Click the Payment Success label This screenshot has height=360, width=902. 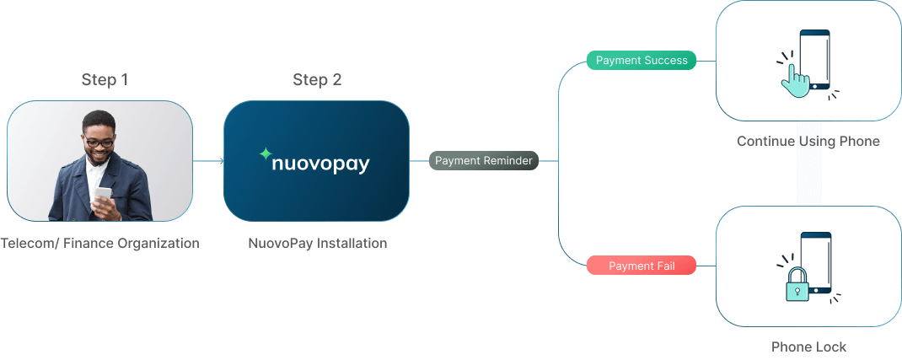pos(642,61)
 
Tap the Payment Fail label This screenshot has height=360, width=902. pos(642,266)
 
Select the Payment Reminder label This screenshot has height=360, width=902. pos(483,160)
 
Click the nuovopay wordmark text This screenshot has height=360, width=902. pos(321,163)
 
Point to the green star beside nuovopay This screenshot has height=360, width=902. pos(266,154)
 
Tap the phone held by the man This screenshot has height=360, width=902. pos(102,196)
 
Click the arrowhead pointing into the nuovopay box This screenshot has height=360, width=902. pos(221,160)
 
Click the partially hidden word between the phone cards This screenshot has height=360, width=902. pos(809,142)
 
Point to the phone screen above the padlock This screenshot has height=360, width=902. pos(816,257)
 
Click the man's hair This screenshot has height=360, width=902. pos(99,119)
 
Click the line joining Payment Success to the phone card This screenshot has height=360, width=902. pos(706,61)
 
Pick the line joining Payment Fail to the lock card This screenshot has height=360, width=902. pos(706,266)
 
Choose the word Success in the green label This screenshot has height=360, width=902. pos(665,61)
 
